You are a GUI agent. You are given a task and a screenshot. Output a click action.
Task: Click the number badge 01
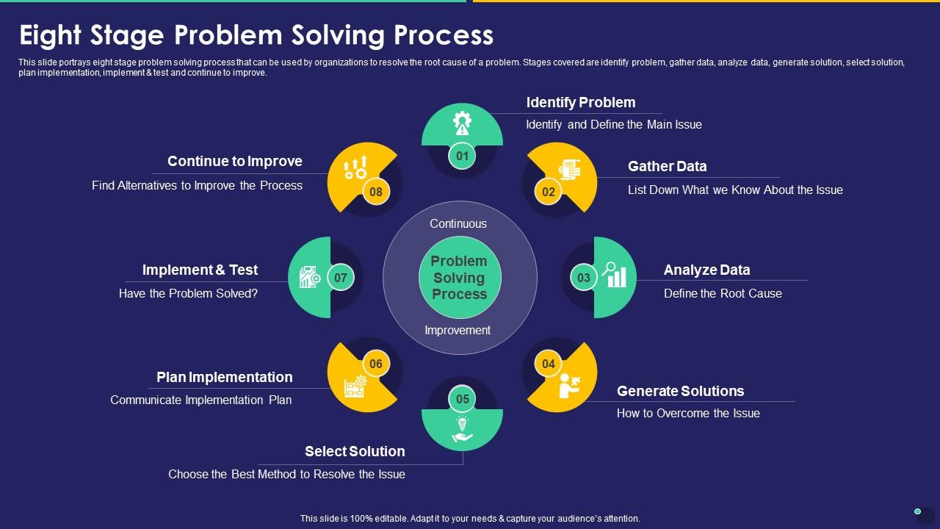(x=462, y=156)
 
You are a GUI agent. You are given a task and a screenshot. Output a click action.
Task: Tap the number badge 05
(x=462, y=400)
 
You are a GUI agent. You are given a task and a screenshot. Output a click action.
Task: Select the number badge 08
(x=376, y=192)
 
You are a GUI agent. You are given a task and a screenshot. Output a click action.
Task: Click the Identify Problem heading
(x=580, y=102)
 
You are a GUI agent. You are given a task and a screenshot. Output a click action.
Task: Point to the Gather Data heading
(x=667, y=166)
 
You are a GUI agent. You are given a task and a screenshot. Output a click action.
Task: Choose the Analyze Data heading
(x=706, y=270)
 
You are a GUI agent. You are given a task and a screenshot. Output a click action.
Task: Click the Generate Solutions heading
(x=680, y=391)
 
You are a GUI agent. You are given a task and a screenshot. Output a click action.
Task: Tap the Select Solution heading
(x=355, y=451)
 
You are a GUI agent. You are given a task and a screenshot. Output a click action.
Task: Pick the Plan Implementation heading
(x=224, y=377)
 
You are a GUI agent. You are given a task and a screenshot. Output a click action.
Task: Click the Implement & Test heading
(x=200, y=270)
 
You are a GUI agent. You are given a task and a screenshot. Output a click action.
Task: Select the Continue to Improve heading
(x=234, y=161)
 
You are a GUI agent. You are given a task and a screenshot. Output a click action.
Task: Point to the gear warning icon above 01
(x=462, y=123)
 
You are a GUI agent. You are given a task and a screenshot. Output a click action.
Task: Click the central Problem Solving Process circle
(x=459, y=278)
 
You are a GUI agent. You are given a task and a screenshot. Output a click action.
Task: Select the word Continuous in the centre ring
(x=458, y=223)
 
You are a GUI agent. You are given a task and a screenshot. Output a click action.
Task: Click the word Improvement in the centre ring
(x=458, y=330)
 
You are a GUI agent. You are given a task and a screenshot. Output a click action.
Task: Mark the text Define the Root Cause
(x=723, y=293)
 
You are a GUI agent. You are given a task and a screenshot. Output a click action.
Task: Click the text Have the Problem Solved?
(x=188, y=293)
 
